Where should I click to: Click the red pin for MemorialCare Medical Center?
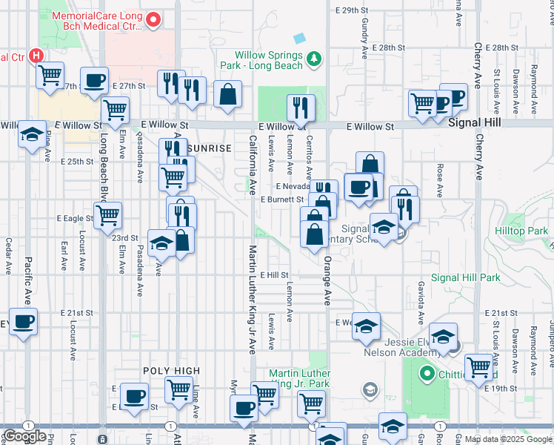point(153,20)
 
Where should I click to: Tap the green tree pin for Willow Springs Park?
point(315,58)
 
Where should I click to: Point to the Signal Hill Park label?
point(466,278)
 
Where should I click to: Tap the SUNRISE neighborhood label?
point(210,148)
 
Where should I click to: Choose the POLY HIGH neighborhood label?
point(173,370)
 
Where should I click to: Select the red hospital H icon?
point(36,56)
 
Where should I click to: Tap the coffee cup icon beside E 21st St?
point(23,322)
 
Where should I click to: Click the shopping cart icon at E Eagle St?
point(108,215)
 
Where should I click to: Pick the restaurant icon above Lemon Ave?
point(300,108)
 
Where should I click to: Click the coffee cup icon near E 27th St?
point(94,81)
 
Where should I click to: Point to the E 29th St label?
point(351,10)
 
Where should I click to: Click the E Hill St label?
point(273,274)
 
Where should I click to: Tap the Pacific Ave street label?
point(27,280)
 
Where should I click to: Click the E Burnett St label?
point(282,200)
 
